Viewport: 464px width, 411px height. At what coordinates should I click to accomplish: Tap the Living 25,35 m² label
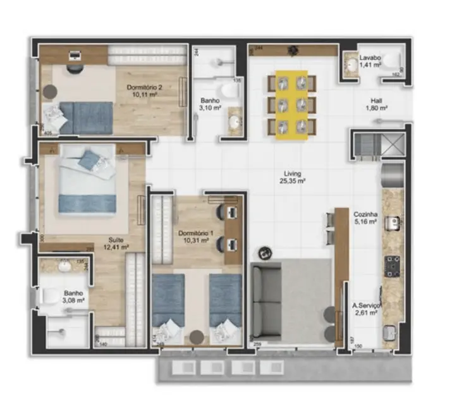[293, 177]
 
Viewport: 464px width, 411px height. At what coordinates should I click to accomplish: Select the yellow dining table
[291, 104]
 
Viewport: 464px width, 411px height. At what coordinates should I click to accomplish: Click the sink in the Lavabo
[350, 63]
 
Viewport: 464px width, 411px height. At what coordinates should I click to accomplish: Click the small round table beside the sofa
[266, 251]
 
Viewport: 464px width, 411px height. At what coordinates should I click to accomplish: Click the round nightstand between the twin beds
[197, 336]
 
